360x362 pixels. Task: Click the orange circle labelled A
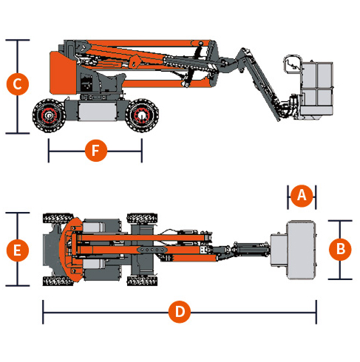coord(302,196)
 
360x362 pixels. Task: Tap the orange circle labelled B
coord(340,249)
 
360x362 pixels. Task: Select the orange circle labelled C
coord(18,84)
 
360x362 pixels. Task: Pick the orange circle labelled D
coord(180,312)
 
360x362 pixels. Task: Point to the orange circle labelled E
coord(18,250)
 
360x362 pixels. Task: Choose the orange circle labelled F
coord(96,151)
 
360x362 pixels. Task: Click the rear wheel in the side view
coord(49,115)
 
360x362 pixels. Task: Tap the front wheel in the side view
coord(142,115)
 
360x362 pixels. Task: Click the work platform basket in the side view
coord(316,89)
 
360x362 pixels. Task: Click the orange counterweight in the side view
coord(63,73)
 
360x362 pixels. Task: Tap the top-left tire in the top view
coord(58,218)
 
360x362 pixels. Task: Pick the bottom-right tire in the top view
coord(142,281)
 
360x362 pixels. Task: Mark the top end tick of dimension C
coord(18,40)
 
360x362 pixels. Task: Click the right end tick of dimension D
coord(316,312)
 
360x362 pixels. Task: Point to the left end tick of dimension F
coord(49,151)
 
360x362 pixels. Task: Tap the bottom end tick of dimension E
coord(18,286)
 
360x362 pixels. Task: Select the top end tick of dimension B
coord(340,221)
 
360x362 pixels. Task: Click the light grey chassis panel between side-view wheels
coord(98,112)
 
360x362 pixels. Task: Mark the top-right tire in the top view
coord(142,218)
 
